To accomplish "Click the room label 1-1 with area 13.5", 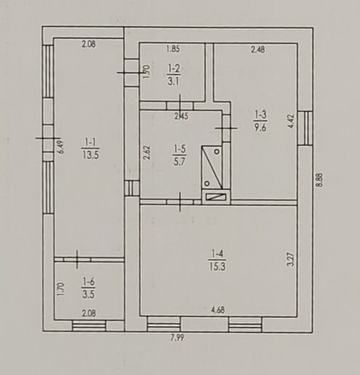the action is [90, 149].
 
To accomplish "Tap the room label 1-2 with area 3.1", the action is [173, 75].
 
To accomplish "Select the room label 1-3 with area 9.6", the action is [261, 121].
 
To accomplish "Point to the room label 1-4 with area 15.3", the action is [217, 260].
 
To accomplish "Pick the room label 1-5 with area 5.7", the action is [179, 155].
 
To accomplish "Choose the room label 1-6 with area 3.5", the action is [89, 288].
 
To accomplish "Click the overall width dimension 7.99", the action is [177, 338].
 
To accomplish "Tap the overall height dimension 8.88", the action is [320, 179].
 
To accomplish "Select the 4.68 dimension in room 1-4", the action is [218, 310].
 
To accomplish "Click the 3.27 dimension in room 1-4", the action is [291, 259].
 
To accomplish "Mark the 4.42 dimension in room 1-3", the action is [291, 121].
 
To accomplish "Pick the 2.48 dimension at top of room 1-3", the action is [258, 49].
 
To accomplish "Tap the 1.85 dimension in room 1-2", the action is [173, 49].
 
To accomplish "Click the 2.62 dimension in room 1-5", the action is [147, 152].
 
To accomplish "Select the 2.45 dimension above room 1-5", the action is [181, 116].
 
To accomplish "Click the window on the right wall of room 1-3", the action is [306, 128].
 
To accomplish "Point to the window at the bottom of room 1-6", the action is [89, 326].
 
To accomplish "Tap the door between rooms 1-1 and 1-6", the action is [77, 260].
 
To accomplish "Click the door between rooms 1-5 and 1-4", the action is [180, 202].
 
